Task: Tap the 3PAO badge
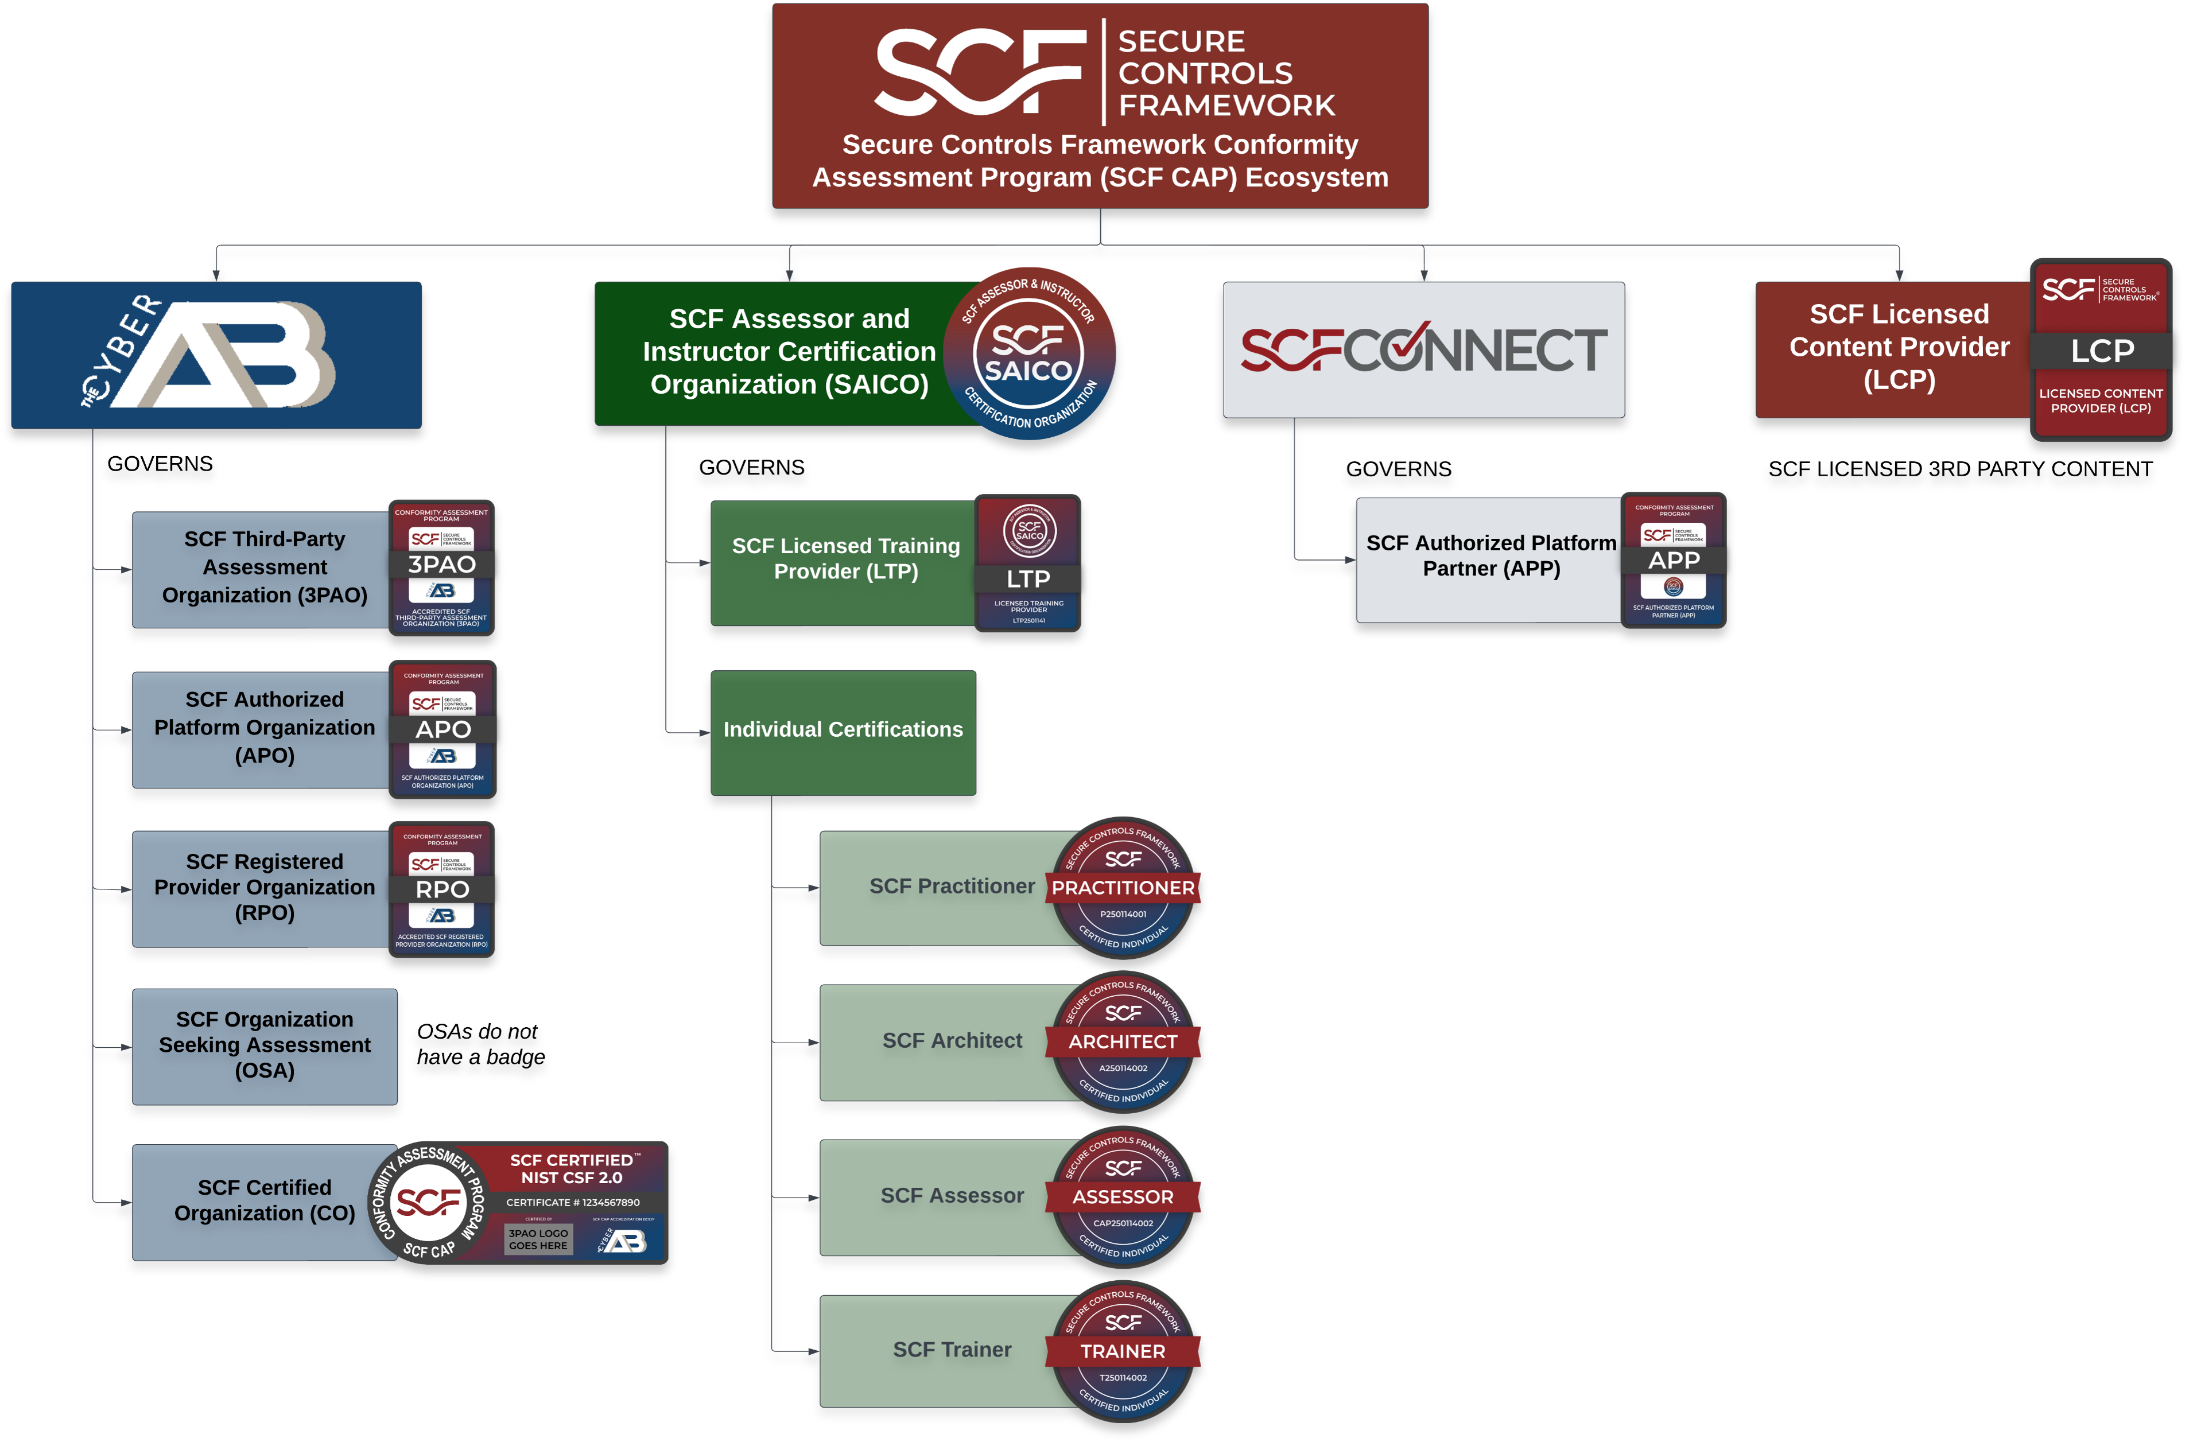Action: (442, 567)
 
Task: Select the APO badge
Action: (443, 729)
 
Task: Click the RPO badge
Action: (442, 889)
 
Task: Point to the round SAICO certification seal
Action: (1029, 353)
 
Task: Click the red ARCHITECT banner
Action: (1123, 1042)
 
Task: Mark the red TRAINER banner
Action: (1123, 1351)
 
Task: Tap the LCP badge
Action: (2101, 350)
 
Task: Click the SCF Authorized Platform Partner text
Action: (1491, 556)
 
